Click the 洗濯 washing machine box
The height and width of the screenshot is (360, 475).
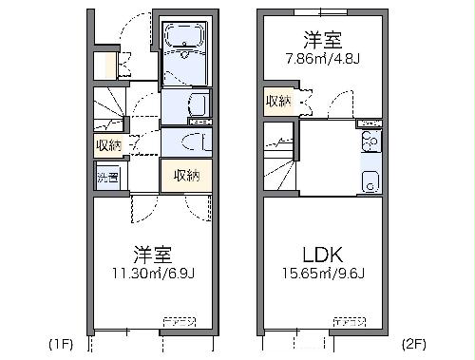pyautogui.click(x=107, y=178)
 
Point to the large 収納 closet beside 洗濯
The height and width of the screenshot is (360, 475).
pyautogui.click(x=185, y=175)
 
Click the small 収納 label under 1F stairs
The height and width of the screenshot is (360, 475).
pyautogui.click(x=108, y=145)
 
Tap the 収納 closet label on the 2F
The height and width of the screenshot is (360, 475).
pyautogui.click(x=277, y=102)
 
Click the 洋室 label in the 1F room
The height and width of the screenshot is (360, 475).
pyautogui.click(x=152, y=255)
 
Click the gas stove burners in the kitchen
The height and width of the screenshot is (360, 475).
pyautogui.click(x=370, y=142)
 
